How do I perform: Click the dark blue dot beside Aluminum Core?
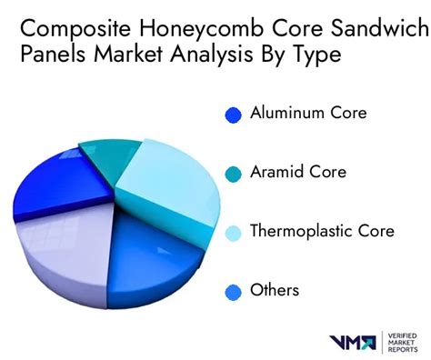point(234,115)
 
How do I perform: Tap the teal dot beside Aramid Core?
point(234,173)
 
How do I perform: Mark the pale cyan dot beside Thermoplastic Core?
point(234,232)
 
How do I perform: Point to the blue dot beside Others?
point(234,291)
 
